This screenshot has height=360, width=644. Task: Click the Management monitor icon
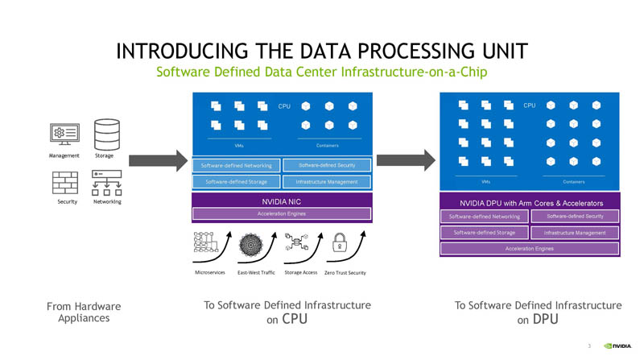[64, 134]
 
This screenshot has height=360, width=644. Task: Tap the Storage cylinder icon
[105, 132]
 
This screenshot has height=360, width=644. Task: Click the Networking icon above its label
[106, 183]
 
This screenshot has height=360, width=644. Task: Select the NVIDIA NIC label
[281, 200]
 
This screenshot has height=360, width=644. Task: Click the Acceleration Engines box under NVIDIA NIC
[281, 213]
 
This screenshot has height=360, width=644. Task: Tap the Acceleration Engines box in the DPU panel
[529, 248]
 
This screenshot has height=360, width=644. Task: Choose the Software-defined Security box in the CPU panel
[328, 165]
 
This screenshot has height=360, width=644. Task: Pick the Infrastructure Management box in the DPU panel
[575, 233]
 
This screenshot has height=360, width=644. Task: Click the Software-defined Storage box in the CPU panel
[236, 182]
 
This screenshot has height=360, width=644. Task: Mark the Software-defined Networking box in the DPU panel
[484, 217]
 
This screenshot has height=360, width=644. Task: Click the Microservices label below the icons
[210, 272]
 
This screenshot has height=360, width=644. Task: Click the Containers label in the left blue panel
[327, 146]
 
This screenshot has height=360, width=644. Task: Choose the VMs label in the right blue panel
[485, 182]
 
